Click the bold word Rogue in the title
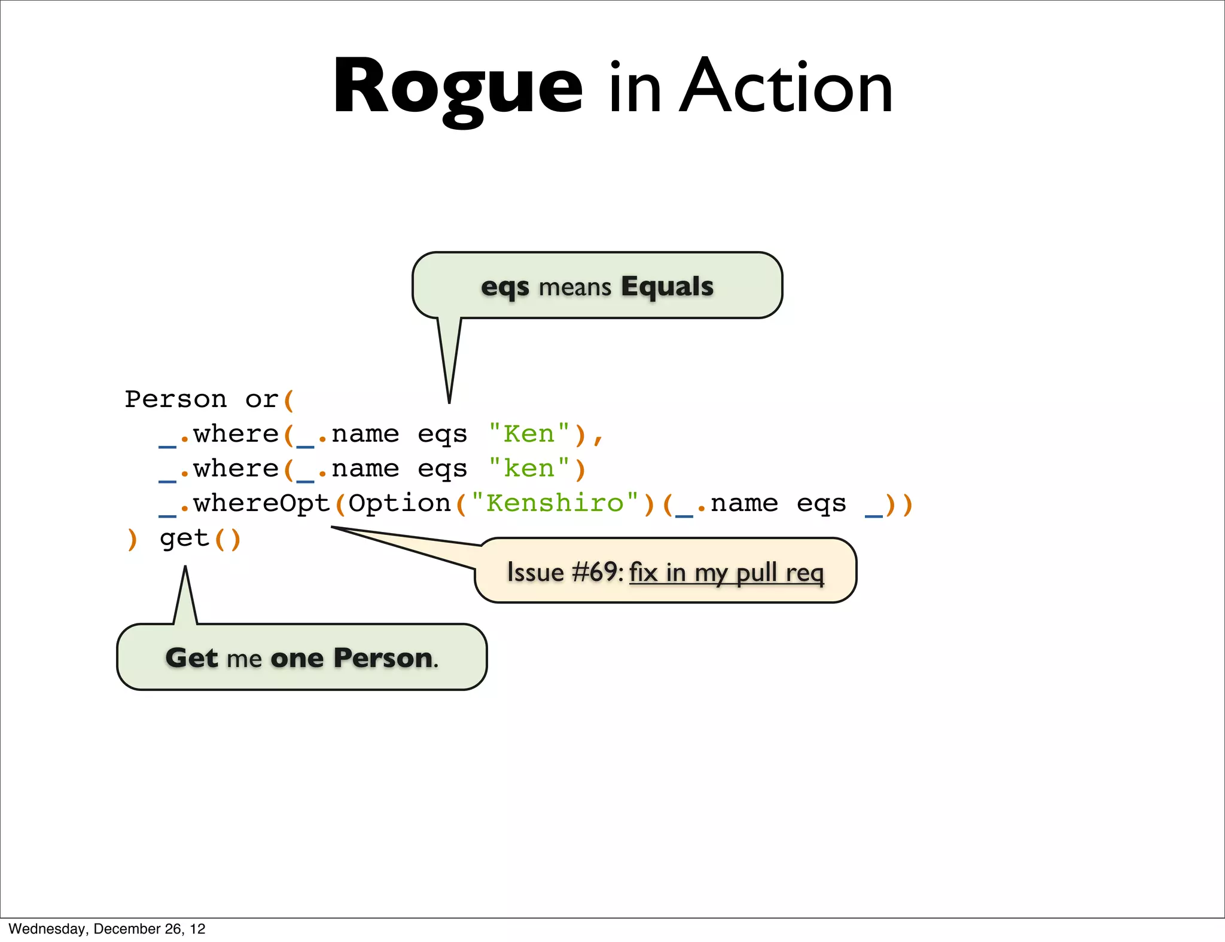(458, 87)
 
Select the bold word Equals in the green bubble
(667, 286)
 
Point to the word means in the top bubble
(575, 288)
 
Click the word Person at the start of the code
(176, 399)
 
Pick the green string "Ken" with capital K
(529, 435)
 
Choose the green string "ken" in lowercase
(529, 469)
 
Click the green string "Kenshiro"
(554, 503)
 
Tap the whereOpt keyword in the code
(261, 503)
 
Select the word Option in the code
(400, 503)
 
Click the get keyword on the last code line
(184, 539)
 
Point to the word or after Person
(261, 399)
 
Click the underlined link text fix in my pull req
(726, 573)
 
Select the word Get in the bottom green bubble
(191, 657)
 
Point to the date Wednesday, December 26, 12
(107, 929)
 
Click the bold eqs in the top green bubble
(505, 286)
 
